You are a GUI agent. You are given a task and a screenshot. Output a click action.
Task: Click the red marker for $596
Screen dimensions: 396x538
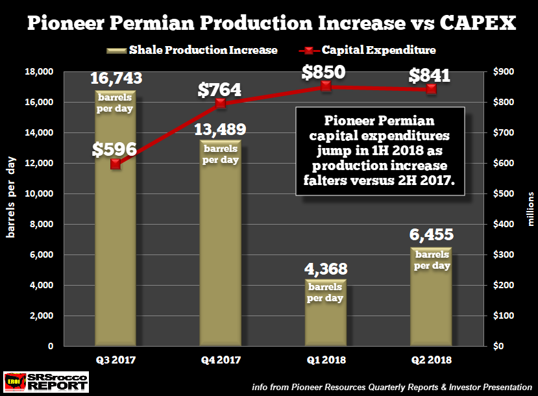(116, 164)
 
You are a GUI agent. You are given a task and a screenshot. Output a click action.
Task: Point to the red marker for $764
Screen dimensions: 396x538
(221, 103)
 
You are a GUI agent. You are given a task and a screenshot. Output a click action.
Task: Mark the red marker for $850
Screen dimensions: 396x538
(326, 86)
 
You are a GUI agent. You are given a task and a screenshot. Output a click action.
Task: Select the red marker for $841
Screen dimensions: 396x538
(430, 89)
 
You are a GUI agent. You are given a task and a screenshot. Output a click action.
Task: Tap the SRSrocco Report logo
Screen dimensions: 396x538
(46, 382)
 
